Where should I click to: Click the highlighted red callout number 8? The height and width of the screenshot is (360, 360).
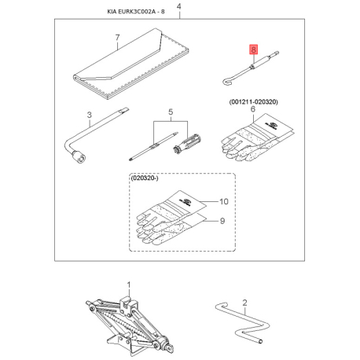point(254,50)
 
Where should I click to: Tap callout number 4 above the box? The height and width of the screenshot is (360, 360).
point(179,6)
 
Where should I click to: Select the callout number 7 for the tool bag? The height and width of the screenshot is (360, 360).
point(117,38)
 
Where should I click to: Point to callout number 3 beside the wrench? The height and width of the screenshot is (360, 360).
point(90,115)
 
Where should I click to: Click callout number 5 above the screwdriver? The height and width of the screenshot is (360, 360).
point(171,112)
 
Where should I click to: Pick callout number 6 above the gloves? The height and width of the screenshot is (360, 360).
point(253,109)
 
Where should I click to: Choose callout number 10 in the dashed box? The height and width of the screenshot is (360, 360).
point(224,201)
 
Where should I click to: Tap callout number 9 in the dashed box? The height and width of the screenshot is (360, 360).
point(222,221)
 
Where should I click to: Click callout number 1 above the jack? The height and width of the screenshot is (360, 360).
point(129,285)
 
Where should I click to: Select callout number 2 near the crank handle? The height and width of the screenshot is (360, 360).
point(244,303)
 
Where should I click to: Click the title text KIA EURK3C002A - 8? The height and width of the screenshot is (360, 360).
point(136,12)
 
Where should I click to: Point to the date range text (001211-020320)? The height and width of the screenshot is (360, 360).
point(253,101)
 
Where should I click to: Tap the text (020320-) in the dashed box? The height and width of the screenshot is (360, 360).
point(145,178)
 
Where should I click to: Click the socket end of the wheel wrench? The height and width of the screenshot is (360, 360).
point(79,157)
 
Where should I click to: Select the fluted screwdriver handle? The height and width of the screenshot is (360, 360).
point(186,144)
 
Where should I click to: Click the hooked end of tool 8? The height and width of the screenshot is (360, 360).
point(227,81)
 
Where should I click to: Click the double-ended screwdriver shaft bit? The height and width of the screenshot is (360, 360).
point(154,146)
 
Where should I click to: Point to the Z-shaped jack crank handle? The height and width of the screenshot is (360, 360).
point(242,323)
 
